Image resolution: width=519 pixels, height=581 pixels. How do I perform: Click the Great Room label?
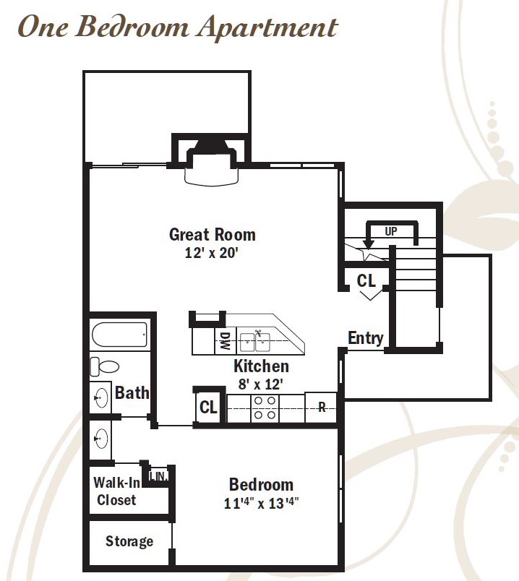tap(212, 235)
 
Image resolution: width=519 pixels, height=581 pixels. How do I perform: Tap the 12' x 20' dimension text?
tap(211, 253)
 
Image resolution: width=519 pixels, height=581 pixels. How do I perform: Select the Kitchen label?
tap(262, 366)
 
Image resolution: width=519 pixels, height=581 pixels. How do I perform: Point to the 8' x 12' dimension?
tap(261, 384)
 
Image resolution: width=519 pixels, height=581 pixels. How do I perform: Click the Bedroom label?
tap(261, 485)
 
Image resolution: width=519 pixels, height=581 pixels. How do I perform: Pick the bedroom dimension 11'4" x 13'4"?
tap(262, 503)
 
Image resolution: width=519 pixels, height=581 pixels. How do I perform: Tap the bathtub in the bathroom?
tap(119, 335)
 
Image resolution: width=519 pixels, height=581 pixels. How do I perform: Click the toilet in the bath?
tap(105, 366)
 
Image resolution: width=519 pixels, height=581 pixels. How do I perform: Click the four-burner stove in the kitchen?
tap(265, 408)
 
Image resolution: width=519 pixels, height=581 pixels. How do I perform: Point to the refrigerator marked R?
tap(322, 408)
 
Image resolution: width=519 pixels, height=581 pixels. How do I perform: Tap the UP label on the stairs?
tap(391, 231)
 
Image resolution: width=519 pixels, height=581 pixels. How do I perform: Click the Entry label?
tap(365, 338)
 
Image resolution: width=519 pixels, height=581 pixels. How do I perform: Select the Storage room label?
tap(129, 541)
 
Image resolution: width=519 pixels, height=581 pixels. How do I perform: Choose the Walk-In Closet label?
tap(116, 491)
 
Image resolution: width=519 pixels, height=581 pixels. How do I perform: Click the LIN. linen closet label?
tap(158, 476)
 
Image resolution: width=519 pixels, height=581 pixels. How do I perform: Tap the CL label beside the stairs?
tap(366, 281)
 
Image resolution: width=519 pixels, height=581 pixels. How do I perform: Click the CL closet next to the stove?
tap(208, 408)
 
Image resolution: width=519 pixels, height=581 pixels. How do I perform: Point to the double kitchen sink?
tap(254, 342)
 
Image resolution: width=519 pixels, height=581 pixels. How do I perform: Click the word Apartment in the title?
tap(267, 27)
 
